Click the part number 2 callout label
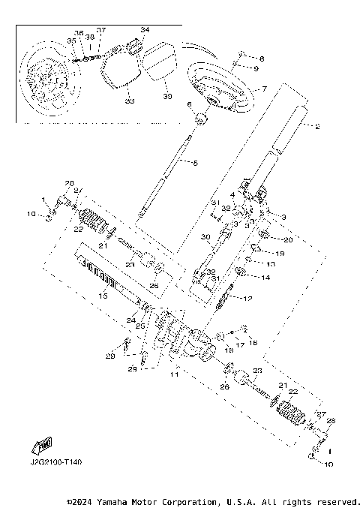[317, 127]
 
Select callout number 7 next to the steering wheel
[263, 89]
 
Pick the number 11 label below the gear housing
[175, 373]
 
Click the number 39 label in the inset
[167, 97]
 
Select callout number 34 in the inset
[145, 30]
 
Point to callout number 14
[266, 277]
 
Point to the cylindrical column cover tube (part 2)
[289, 134]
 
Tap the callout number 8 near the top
[262, 58]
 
